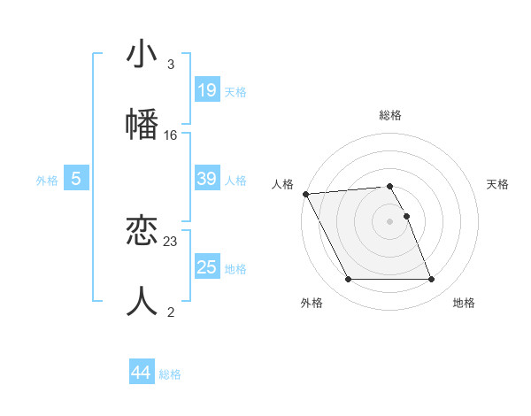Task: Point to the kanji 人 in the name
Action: pyautogui.click(x=142, y=299)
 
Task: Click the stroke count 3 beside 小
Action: pyautogui.click(x=170, y=65)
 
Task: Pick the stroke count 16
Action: pyautogui.click(x=171, y=135)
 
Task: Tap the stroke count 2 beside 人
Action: pyautogui.click(x=170, y=311)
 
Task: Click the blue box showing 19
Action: pyautogui.click(x=206, y=89)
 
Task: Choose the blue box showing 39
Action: pyautogui.click(x=206, y=179)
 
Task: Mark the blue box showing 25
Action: pyautogui.click(x=206, y=267)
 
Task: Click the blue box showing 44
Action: pyautogui.click(x=141, y=373)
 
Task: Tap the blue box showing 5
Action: pyautogui.click(x=76, y=179)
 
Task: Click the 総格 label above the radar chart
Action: pyautogui.click(x=390, y=115)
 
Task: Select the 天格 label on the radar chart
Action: pyautogui.click(x=497, y=184)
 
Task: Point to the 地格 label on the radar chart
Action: pyautogui.click(x=464, y=304)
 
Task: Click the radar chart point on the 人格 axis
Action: pyautogui.click(x=305, y=194)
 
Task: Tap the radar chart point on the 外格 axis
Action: pyautogui.click(x=348, y=280)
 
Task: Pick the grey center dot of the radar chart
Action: pyautogui.click(x=390, y=221)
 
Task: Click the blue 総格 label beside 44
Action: pyautogui.click(x=170, y=374)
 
